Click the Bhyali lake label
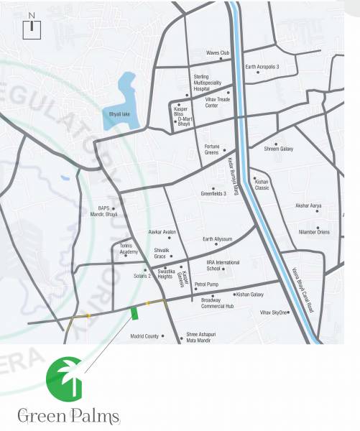coord(119,113)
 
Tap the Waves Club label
coord(218,53)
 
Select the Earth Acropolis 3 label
coord(262,67)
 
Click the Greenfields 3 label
coord(213,193)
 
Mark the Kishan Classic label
coord(262,184)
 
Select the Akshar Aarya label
coord(309,205)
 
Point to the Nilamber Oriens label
coord(314,232)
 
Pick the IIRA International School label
coord(223,265)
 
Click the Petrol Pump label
coord(206,284)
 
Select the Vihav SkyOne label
coord(274,312)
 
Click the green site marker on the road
coord(134,312)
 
